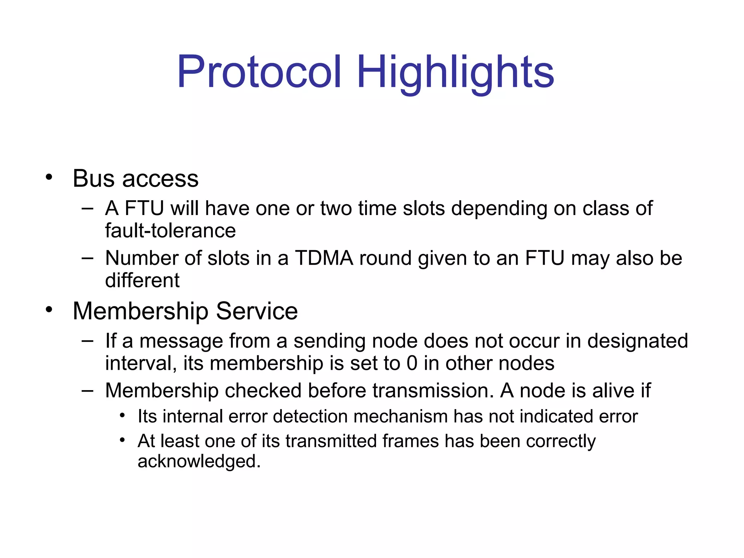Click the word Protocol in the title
[259, 72]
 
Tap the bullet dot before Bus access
[49, 178]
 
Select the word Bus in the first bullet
[94, 179]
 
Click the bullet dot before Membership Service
[49, 310]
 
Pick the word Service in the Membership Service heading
[256, 311]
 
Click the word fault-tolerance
[170, 231]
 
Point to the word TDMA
[324, 258]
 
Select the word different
[142, 280]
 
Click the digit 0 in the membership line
[412, 363]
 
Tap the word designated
[638, 341]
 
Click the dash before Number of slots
[88, 258]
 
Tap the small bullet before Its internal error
[122, 415]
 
